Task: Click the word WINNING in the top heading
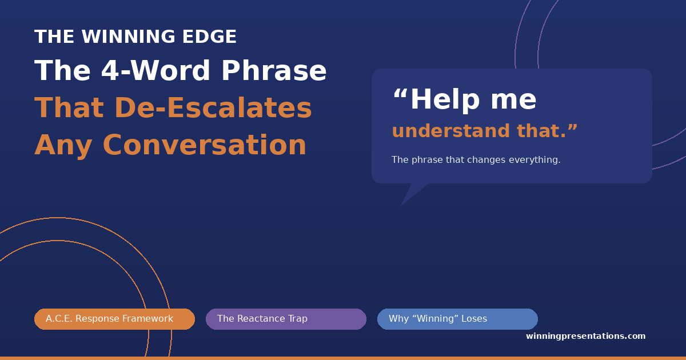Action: (128, 37)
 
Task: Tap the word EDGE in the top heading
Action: (209, 37)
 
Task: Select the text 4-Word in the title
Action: (155, 71)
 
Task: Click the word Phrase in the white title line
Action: (274, 70)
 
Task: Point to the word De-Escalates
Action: (213, 108)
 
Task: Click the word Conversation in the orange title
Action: (204, 145)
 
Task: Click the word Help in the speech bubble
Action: (445, 99)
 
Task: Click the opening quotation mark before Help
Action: (400, 93)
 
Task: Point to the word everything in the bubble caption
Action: (535, 160)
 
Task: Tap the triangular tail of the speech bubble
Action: (411, 192)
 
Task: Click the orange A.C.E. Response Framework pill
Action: (114, 319)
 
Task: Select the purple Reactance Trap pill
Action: (286, 319)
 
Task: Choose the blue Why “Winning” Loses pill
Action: (457, 319)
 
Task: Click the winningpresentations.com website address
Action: (585, 336)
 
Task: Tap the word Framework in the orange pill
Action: (148, 319)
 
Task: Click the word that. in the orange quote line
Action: (547, 131)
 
